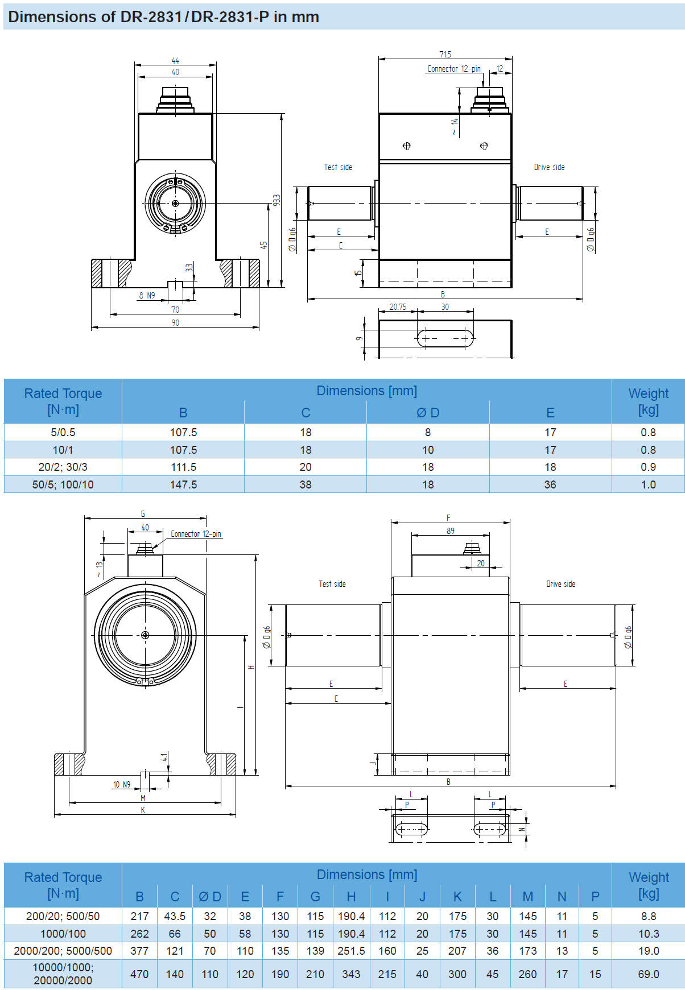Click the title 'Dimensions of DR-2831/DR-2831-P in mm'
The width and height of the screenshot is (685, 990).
163,16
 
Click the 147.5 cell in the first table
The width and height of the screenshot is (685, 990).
183,484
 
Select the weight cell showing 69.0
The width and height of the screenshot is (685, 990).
648,974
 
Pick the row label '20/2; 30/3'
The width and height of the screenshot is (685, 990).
63,467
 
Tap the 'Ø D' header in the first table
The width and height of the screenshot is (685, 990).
427,413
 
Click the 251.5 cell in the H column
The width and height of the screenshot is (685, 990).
351,951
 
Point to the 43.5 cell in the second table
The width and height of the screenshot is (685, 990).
175,916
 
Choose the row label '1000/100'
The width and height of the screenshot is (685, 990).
63,934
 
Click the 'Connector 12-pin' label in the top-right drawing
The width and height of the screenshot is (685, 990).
453,69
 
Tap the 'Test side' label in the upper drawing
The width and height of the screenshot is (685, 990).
338,167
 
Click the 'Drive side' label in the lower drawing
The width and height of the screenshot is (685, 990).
560,584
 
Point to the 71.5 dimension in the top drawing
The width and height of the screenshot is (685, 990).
445,54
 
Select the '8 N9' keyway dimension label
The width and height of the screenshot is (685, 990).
147,296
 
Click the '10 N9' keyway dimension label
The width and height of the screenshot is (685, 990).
121,785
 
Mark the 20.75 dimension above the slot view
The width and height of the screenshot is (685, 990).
398,307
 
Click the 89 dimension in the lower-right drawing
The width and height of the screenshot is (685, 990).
450,531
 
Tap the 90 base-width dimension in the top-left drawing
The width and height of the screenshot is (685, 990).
175,323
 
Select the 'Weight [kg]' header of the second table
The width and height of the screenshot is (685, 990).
648,885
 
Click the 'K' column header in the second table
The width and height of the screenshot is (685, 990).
457,897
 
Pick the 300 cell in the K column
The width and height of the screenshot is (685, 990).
457,974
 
